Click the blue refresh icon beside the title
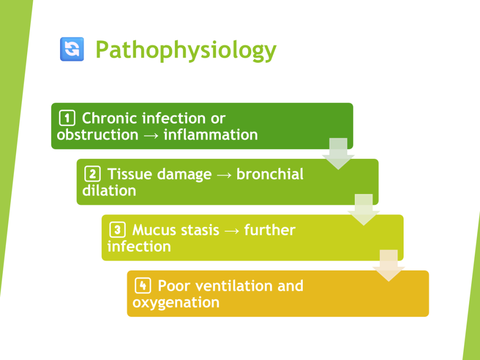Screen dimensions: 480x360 [x=72, y=49]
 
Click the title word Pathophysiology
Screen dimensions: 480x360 [x=186, y=50]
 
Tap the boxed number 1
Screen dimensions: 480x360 [x=67, y=118]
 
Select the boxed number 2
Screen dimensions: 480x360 [x=92, y=174]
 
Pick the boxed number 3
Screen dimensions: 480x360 [x=118, y=230]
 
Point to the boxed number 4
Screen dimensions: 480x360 [x=143, y=285]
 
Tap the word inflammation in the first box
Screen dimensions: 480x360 [x=210, y=135]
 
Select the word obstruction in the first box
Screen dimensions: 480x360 [x=97, y=135]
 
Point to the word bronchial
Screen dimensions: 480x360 [x=270, y=174]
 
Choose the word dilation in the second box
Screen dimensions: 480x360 [x=109, y=191]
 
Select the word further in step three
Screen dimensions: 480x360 [x=270, y=230]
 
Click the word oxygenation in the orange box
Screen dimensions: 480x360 [x=176, y=302]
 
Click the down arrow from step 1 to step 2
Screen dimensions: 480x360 [x=338, y=154]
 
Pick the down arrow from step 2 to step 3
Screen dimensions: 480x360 [x=364, y=210]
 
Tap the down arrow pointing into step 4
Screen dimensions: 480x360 [x=389, y=266]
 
